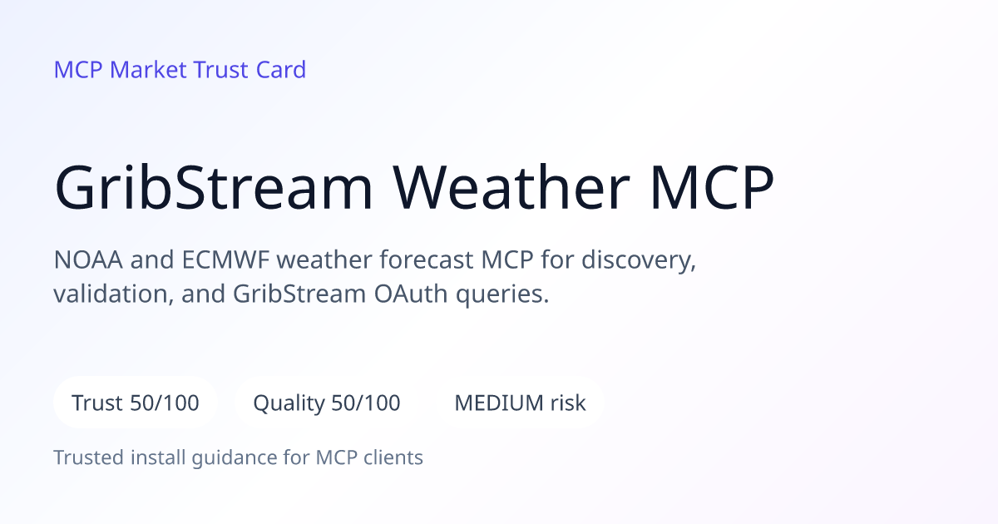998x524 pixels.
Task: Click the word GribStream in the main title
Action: [x=214, y=187]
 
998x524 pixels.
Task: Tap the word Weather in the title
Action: [x=511, y=186]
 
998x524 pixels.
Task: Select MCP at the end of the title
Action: [x=712, y=187]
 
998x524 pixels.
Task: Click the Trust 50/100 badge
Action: [x=136, y=403]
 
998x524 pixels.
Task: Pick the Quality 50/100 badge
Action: [x=327, y=403]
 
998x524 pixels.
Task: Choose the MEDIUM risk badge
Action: [x=520, y=403]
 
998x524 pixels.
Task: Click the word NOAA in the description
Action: [x=88, y=260]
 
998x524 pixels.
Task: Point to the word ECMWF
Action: [x=225, y=260]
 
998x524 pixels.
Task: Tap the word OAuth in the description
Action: [x=410, y=294]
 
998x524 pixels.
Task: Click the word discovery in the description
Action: [x=638, y=260]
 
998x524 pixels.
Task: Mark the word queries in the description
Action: [x=502, y=296]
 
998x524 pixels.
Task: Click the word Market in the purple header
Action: [x=148, y=70]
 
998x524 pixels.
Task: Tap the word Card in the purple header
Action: [x=281, y=70]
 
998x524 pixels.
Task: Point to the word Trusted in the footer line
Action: [x=89, y=457]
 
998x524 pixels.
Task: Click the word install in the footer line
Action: [x=158, y=457]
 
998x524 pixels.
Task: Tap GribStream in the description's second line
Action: [x=299, y=294]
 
